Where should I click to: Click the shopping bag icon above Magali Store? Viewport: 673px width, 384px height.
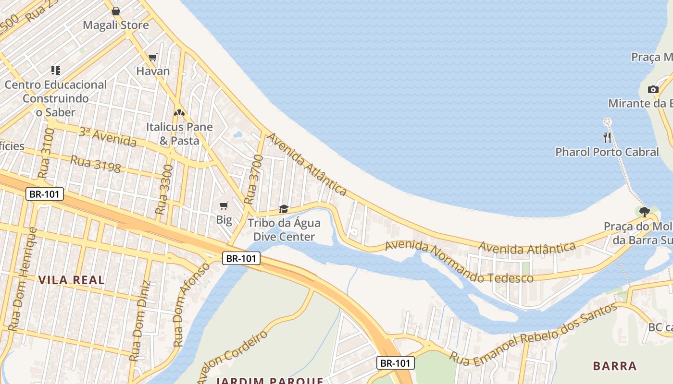pos(116,11)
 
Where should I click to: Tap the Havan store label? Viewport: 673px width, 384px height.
pos(153,71)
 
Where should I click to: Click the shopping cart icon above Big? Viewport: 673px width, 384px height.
pos(224,206)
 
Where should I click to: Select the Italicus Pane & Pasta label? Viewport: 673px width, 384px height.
pos(179,134)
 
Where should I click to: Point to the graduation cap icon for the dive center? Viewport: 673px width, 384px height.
pos(284,209)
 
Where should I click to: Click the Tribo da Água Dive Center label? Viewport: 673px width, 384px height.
pos(284,230)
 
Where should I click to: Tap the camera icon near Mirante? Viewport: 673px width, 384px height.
pos(653,89)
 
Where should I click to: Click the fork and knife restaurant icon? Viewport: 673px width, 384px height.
pos(607,138)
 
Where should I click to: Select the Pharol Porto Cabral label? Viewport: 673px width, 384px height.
pos(607,152)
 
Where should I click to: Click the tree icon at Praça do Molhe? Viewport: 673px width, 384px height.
pos(645,212)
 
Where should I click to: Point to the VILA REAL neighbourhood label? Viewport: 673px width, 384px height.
pos(71,280)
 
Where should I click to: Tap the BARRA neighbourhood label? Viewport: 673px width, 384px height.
pos(614,366)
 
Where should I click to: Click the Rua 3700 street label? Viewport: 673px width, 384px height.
pos(253,179)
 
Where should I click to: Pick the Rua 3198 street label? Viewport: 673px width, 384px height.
pos(95,164)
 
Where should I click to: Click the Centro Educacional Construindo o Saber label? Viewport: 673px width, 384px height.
pos(56,98)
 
